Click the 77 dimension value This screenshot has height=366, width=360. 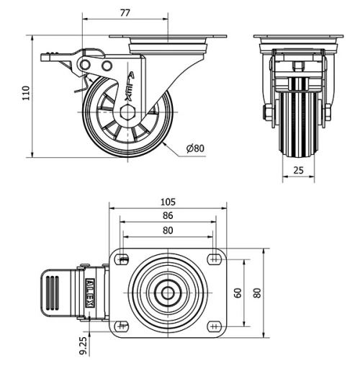(x=125, y=12)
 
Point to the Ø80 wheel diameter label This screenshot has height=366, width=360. (x=195, y=149)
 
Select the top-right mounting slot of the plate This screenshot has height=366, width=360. (x=214, y=258)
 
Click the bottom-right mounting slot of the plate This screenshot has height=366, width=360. (x=214, y=326)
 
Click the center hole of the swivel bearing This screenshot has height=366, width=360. (x=168, y=293)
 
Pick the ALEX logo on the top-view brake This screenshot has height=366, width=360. (x=91, y=293)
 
